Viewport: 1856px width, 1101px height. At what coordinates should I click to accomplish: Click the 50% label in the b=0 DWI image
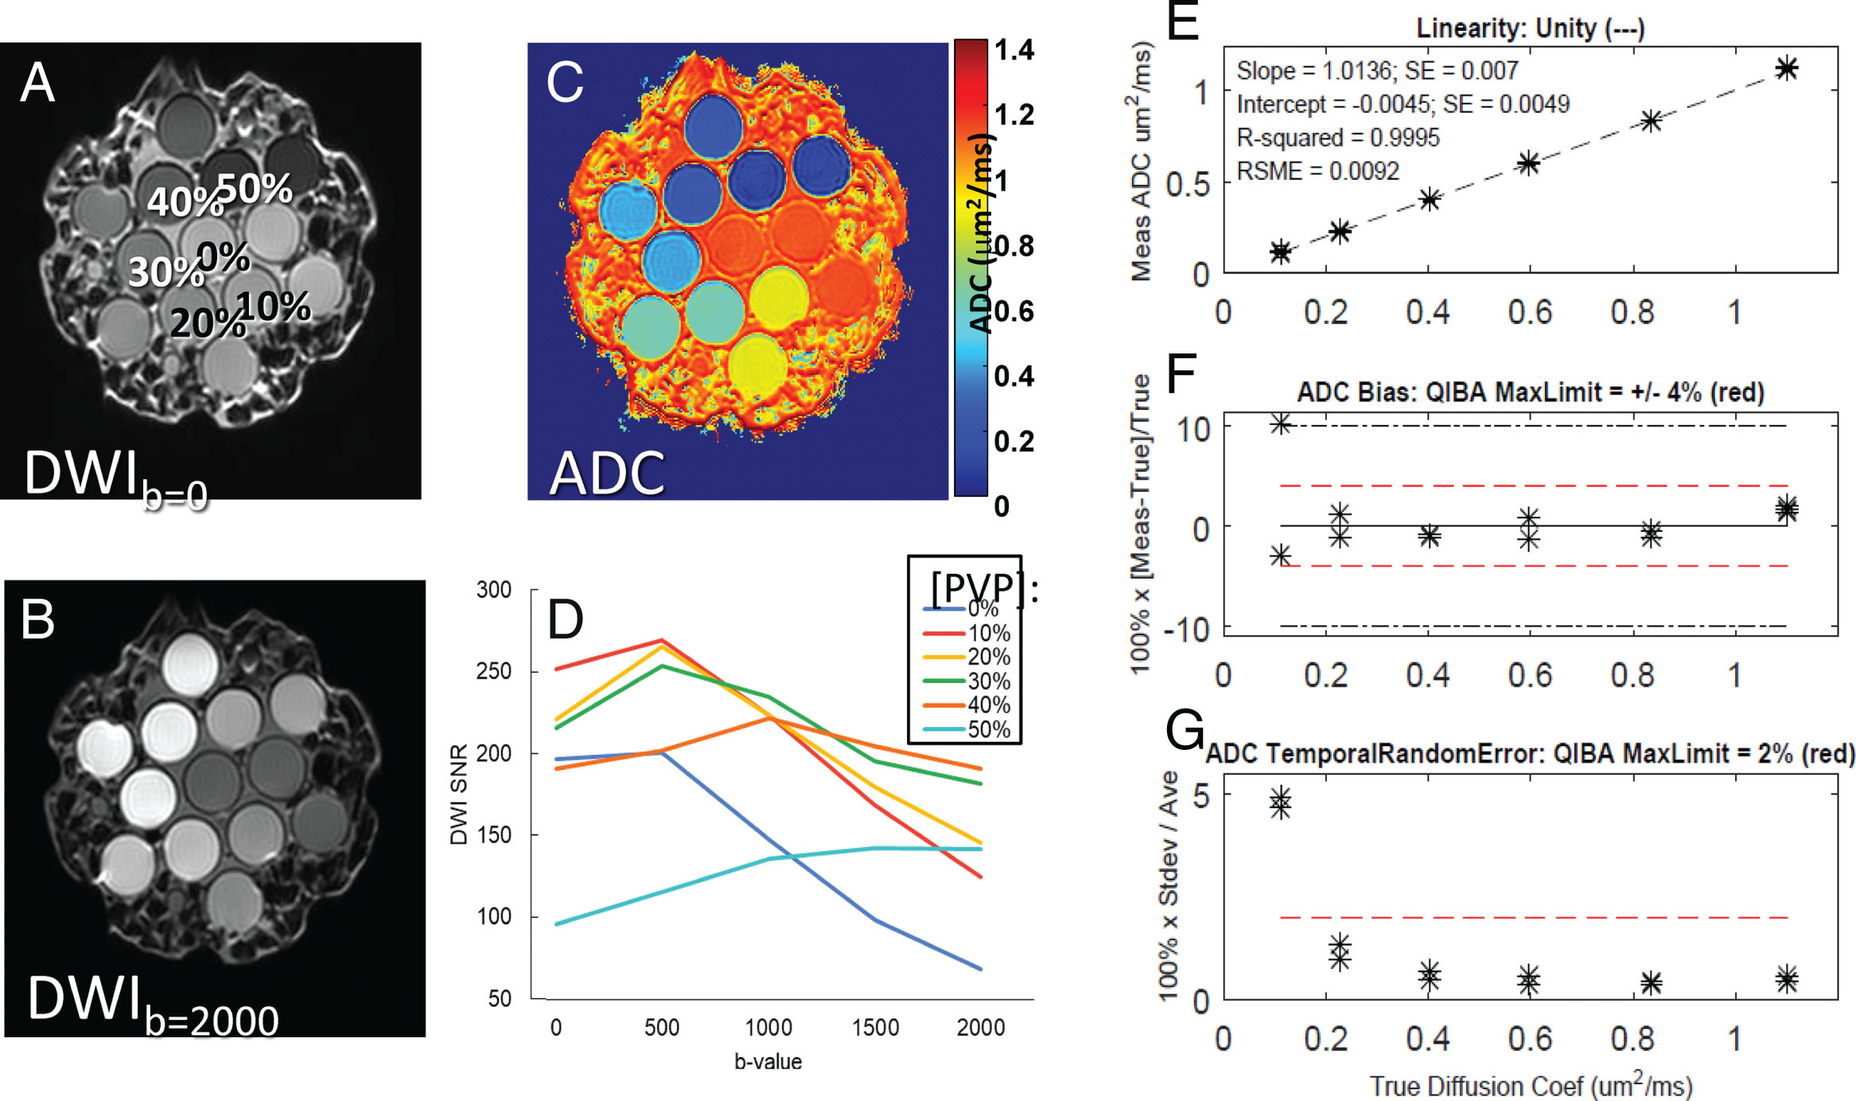pyautogui.click(x=255, y=189)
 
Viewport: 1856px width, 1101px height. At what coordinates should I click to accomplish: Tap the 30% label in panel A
pyautogui.click(x=165, y=272)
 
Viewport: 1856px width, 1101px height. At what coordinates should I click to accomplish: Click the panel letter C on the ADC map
pyautogui.click(x=565, y=83)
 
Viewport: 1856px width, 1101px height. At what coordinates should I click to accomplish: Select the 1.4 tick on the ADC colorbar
pyautogui.click(x=1014, y=50)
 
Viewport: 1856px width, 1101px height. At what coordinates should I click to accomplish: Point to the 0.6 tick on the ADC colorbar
pyautogui.click(x=1014, y=311)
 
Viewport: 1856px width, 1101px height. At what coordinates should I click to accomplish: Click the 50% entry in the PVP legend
pyautogui.click(x=988, y=729)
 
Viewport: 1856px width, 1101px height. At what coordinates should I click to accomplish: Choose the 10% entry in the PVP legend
pyautogui.click(x=988, y=634)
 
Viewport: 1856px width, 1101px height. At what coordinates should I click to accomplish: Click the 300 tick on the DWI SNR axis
pyautogui.click(x=493, y=590)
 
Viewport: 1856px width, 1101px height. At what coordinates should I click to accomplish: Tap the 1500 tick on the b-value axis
pyautogui.click(x=875, y=1028)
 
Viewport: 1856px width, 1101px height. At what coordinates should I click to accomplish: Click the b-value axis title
pyautogui.click(x=768, y=1062)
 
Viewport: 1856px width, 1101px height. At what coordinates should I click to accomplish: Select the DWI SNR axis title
pyautogui.click(x=459, y=795)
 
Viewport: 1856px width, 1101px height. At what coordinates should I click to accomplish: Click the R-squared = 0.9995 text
pyautogui.click(x=1337, y=138)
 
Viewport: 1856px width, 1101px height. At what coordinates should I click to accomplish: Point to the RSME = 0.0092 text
pyautogui.click(x=1317, y=171)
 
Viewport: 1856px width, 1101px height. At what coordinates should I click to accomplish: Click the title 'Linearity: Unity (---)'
pyautogui.click(x=1530, y=29)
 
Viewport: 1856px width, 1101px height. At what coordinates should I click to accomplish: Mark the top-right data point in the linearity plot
pyautogui.click(x=1787, y=68)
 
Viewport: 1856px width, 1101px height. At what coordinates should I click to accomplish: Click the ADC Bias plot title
pyautogui.click(x=1530, y=392)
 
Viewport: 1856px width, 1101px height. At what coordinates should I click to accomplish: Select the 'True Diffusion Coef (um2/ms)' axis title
pyautogui.click(x=1530, y=1086)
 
